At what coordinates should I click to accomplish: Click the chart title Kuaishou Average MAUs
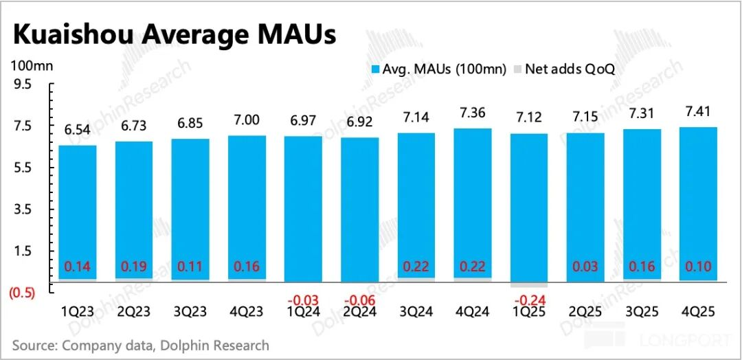click(x=175, y=34)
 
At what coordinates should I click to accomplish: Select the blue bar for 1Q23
click(x=77, y=206)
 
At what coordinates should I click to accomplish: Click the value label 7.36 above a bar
click(x=473, y=113)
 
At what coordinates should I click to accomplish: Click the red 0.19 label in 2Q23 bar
click(x=133, y=267)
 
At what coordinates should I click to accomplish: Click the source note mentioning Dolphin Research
click(x=141, y=344)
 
